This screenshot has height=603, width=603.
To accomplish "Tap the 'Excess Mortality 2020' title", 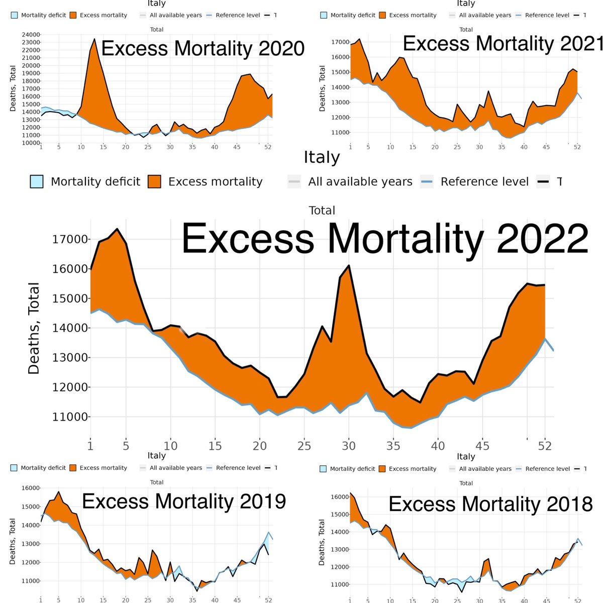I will pos(203,49).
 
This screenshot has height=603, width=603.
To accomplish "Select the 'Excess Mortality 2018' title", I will pos(490,504).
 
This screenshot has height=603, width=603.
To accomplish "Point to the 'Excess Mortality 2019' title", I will pos(184,501).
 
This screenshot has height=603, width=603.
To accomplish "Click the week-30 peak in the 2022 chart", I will pos(349,266).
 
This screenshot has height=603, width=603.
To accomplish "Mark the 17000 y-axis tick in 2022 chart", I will pos(70,239).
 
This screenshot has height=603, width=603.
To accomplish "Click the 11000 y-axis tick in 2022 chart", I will pos(70,417).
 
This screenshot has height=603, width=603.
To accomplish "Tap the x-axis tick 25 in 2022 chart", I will pos(305,446).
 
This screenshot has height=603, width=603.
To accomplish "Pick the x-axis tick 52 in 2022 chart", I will pos(545,446).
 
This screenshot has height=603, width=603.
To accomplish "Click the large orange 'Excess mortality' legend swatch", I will pos(155,181).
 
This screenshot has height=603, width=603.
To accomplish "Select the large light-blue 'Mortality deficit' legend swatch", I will pos(37,181).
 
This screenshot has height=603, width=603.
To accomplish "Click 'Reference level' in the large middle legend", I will pos(484,181).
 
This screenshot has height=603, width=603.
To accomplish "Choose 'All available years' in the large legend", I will pos(360,181).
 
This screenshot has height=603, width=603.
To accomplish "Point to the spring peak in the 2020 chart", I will pos(94,39).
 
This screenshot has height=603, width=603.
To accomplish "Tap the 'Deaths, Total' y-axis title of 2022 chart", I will pos(34,328).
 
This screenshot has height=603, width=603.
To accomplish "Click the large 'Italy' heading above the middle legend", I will pos(322,157).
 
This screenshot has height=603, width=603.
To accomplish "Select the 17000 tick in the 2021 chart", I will pos(340,42).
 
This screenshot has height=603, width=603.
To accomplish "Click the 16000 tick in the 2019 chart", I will pos(30,488).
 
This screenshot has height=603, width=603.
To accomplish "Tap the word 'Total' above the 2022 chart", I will pos(322,211).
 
